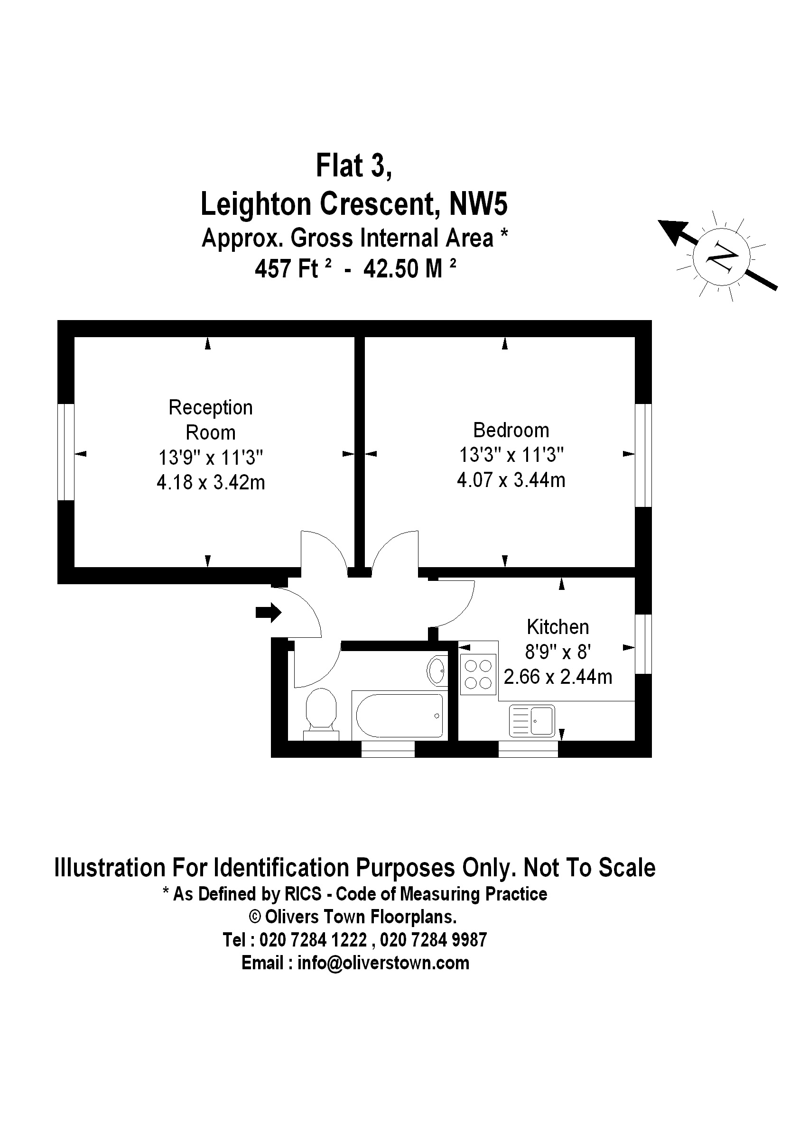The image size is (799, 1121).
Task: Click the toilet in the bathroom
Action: pos(321,711)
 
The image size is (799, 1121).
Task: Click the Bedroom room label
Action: pos(511,430)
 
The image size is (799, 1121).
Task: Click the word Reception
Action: pos(211,408)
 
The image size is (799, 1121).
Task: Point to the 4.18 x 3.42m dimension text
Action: pos(211,483)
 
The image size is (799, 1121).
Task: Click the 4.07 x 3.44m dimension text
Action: pos(511,479)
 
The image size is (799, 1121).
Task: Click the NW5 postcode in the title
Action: pos(478,204)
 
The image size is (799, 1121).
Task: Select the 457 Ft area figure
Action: pos(287,269)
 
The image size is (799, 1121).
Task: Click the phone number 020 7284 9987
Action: pos(434,940)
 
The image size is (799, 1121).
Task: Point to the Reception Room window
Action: pos(66,452)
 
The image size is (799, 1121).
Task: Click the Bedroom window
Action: pos(643,455)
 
